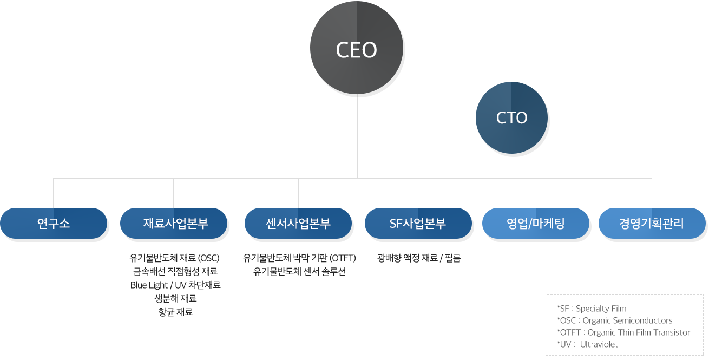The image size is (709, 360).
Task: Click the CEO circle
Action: click(x=357, y=48)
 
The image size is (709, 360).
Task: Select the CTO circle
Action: click(x=511, y=118)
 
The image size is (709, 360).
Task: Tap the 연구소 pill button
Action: click(x=54, y=223)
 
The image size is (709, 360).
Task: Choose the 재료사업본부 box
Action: click(x=174, y=223)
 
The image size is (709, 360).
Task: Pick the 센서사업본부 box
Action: click(x=298, y=223)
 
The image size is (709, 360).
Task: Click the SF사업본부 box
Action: click(x=418, y=223)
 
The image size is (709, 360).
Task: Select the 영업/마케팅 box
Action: click(x=536, y=223)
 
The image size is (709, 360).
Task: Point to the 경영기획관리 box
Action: click(x=652, y=223)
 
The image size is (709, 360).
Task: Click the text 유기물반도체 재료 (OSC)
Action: click(x=174, y=258)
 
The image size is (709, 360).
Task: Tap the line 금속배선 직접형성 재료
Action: click(x=175, y=271)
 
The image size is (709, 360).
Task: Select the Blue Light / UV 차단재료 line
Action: click(x=175, y=285)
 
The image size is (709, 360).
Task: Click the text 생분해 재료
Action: click(x=176, y=298)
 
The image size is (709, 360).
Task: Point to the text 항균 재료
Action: click(x=176, y=312)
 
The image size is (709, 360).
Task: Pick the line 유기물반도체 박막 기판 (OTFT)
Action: click(x=299, y=258)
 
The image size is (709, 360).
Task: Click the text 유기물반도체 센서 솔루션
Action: click(x=299, y=271)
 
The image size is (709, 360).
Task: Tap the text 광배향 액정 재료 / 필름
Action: click(x=419, y=258)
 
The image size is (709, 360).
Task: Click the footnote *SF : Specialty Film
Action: click(x=592, y=309)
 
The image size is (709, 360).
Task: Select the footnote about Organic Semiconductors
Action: click(x=615, y=320)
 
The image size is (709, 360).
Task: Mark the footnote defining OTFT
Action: click(x=623, y=332)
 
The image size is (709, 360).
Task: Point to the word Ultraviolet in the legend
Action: click(x=599, y=344)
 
